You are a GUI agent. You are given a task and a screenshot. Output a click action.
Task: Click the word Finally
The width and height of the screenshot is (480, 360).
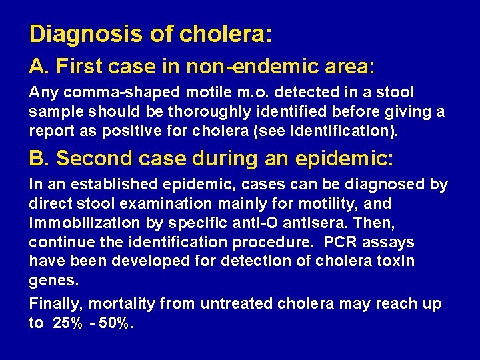[x=55, y=305]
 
